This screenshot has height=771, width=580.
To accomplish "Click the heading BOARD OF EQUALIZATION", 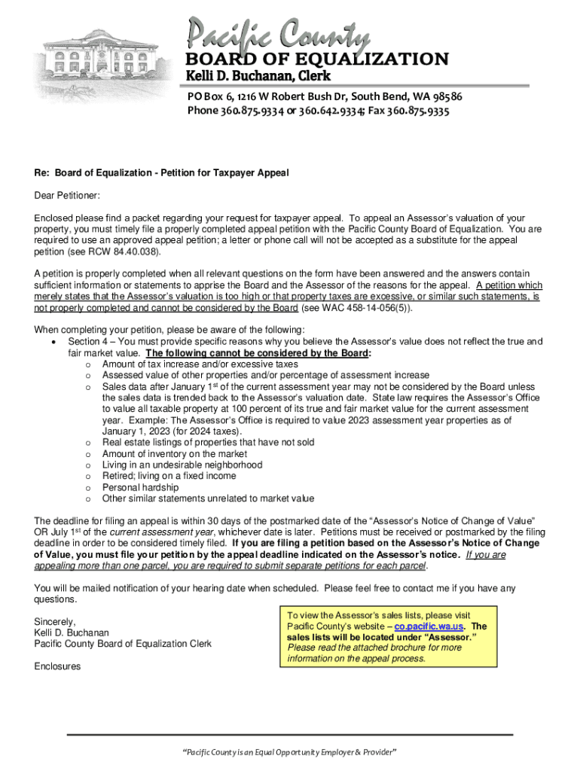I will coord(317,59).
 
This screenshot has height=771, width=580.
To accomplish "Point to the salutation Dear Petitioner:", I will coord(67,196).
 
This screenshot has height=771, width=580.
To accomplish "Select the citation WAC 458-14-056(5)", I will coord(365,308).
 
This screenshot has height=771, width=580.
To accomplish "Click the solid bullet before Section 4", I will coord(53,342).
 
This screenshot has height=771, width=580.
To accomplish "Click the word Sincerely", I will coord(55,622).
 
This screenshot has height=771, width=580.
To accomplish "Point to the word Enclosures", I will coord(57,666).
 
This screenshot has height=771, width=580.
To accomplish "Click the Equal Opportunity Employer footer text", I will coord(290,753).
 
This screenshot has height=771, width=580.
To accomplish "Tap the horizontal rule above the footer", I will coord(290,734).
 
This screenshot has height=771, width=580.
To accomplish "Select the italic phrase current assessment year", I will coord(157,532).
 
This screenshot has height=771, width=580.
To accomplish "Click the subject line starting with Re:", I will coord(161,173).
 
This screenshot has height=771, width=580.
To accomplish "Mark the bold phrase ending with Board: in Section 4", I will coord(258,352).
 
